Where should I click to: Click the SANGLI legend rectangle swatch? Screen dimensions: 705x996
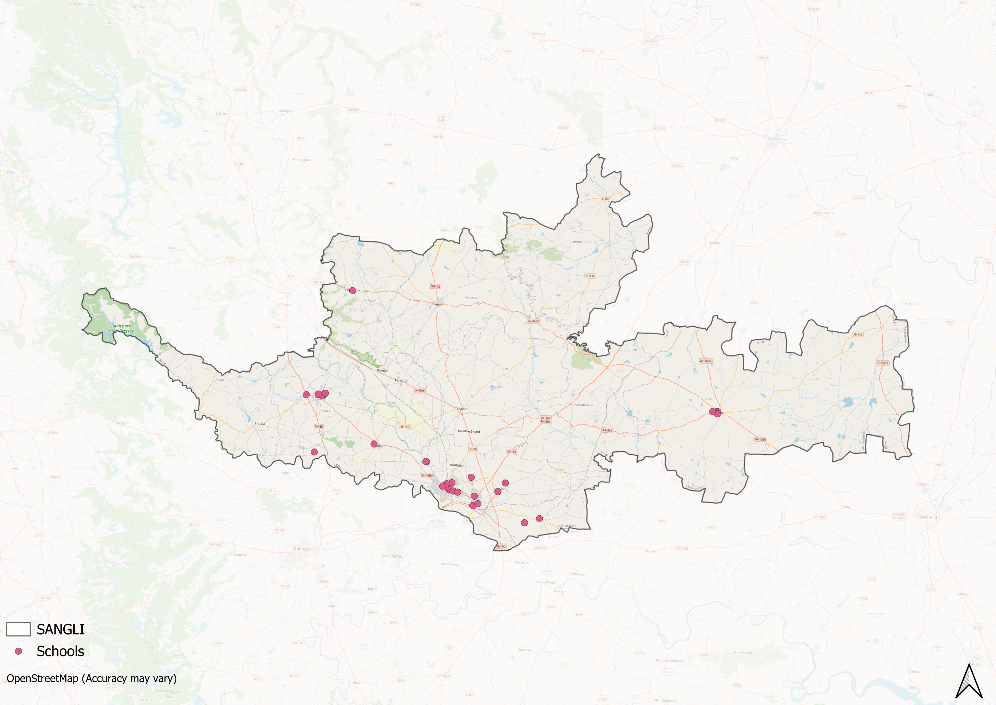point(18,629)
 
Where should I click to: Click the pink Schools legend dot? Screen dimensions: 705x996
point(18,651)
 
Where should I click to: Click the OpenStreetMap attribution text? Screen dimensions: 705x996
point(91,679)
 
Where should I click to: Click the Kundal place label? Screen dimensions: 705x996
point(382,370)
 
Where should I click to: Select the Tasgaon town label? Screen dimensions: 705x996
point(461,409)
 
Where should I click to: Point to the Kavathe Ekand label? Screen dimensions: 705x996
point(469,432)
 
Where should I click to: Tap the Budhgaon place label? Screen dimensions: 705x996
point(458,465)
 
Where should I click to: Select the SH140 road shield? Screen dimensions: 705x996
point(858,334)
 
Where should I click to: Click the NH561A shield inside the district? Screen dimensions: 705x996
point(883,363)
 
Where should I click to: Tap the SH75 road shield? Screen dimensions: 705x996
point(473,449)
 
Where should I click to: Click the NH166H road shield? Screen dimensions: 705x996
point(428,475)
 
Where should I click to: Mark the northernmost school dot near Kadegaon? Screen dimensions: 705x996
point(353,291)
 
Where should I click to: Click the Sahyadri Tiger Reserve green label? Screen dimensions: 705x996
point(123,328)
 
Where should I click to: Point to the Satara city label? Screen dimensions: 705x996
point(222,114)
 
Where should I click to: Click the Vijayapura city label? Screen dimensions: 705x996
point(927,517)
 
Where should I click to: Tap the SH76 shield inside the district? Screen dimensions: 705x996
point(605,199)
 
